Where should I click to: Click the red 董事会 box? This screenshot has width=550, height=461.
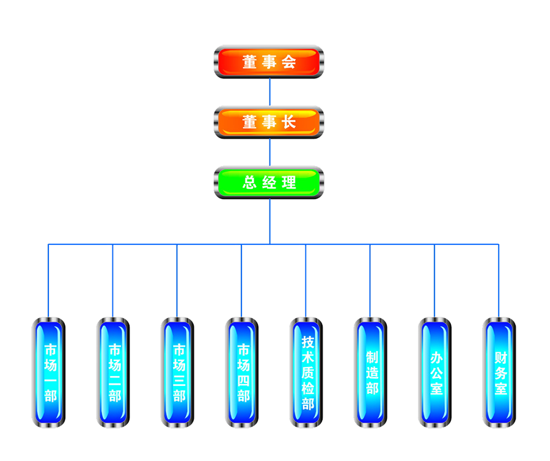(269, 62)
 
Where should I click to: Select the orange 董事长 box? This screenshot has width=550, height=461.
(269, 122)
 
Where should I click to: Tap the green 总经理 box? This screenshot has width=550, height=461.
(269, 183)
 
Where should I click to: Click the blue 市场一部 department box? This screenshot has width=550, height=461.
(50, 372)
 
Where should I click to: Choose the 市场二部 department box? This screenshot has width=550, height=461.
(114, 372)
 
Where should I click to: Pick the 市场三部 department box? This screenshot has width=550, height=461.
(178, 372)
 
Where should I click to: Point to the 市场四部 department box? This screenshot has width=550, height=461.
(243, 372)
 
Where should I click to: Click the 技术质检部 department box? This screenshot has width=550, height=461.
(308, 372)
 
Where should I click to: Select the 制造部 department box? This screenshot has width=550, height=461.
(372, 372)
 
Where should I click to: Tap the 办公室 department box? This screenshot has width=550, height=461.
(436, 372)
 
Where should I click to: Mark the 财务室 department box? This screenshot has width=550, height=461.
(501, 372)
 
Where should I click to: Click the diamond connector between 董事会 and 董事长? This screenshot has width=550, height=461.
(269, 92)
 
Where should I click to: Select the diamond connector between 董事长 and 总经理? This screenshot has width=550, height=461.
(269, 153)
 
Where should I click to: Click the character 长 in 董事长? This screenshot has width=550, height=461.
(288, 122)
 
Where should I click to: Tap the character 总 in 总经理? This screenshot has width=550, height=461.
(249, 183)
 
